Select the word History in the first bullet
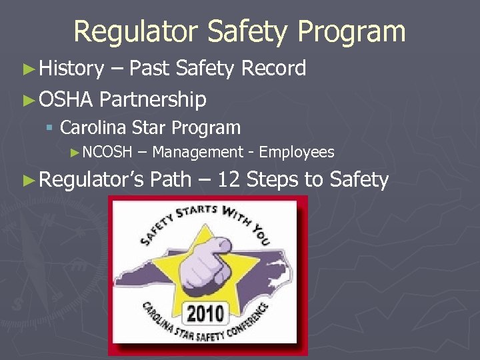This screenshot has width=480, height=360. [71, 68]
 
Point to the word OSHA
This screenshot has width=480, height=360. [65, 100]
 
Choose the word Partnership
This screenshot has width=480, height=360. [153, 100]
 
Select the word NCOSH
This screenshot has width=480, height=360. [109, 153]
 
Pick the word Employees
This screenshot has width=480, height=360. [297, 153]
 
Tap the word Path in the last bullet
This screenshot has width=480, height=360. [171, 180]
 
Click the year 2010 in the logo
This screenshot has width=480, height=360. [206, 312]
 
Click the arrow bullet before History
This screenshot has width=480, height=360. [28, 69]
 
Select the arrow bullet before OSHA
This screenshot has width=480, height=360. [28, 101]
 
